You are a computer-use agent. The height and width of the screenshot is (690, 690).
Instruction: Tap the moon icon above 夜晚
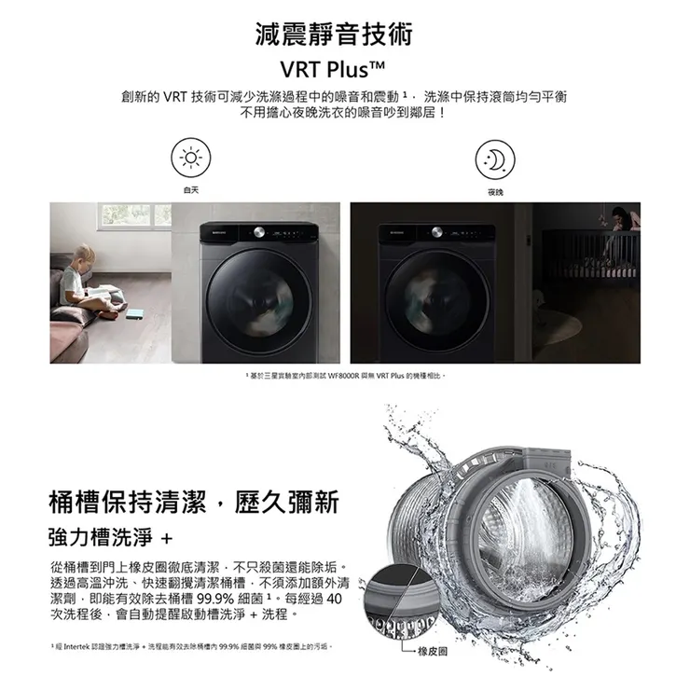coord(494,159)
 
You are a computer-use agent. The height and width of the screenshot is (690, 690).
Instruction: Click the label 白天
coord(191,190)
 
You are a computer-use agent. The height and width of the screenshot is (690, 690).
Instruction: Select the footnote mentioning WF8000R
coord(345,375)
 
